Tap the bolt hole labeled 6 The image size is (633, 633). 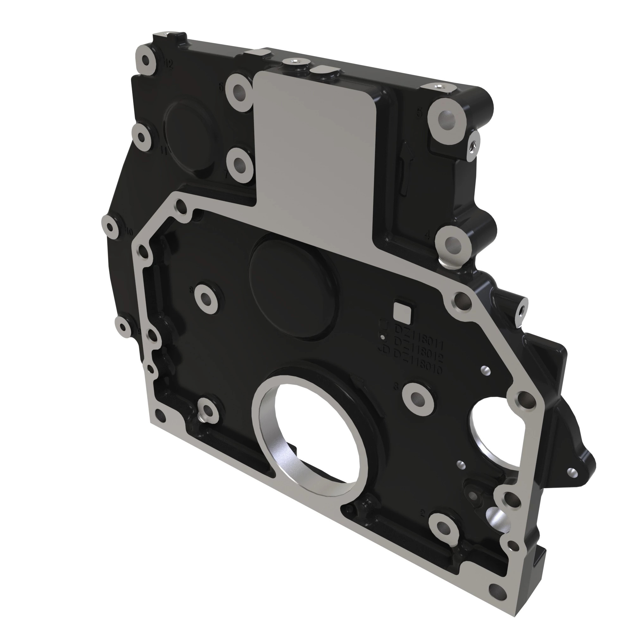239,90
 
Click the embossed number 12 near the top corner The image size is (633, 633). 168,65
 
